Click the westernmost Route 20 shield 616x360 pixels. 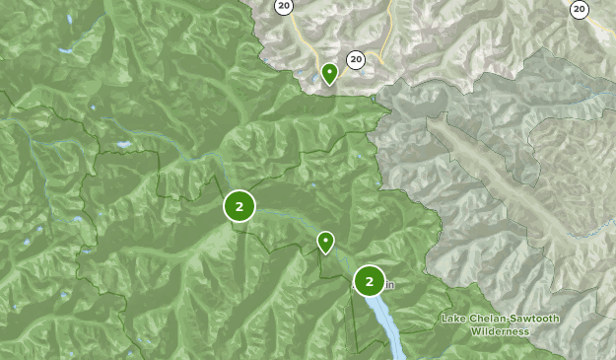[284, 7]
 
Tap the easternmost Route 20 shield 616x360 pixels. [580, 9]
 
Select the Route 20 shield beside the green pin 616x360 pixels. [356, 60]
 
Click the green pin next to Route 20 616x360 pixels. [329, 73]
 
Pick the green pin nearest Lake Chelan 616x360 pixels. [325, 242]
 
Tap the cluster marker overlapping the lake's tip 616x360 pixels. [370, 281]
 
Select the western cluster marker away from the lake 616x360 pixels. [240, 206]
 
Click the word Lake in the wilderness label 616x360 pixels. [452, 318]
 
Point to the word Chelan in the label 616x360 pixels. [482, 318]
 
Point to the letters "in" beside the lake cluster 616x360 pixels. [389, 286]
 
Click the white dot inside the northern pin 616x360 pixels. [329, 70]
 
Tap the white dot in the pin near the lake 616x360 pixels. [325, 239]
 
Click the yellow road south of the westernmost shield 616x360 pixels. [308, 44]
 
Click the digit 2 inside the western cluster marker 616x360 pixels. [240, 206]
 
